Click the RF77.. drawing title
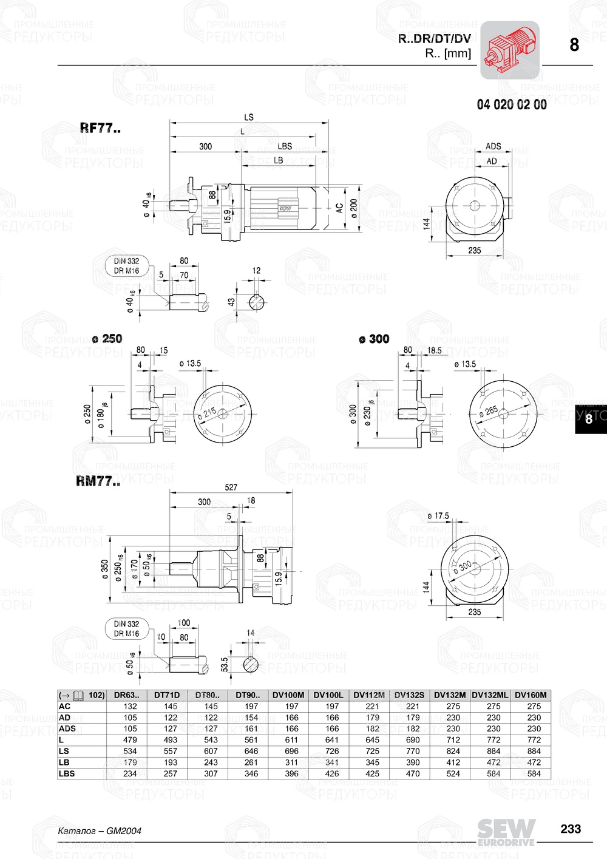pos(100,128)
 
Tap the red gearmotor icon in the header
pos(510,50)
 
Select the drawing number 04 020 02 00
pos(511,104)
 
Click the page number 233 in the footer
pos(570,829)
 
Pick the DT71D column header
pos(167,695)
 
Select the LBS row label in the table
pos(67,773)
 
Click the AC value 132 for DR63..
pos(130,706)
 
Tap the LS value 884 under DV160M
pos(534,751)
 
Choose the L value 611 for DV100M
pos(291,740)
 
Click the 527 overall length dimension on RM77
pos(231,487)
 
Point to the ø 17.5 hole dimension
pos(438,516)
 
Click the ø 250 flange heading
pos(107,339)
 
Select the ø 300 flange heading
pos(374,339)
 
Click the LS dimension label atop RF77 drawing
pos(249,117)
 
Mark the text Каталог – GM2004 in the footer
pos(100,830)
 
